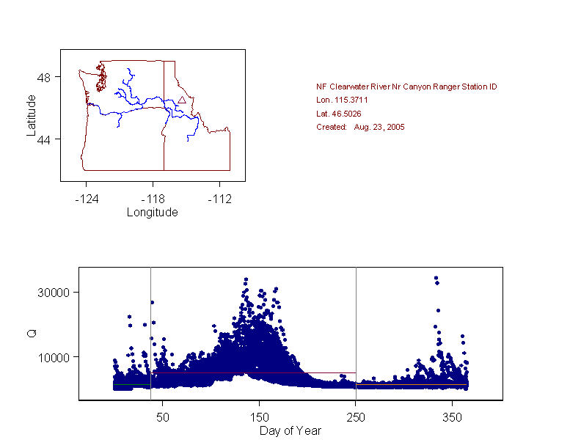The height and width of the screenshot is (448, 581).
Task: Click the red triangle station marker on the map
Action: [x=182, y=100]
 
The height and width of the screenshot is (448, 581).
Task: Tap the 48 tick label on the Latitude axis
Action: [x=44, y=77]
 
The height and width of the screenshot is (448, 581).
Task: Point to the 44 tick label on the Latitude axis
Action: [x=44, y=139]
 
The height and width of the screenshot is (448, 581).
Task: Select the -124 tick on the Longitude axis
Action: [x=86, y=199]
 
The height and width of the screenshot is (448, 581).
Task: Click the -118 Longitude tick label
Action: [x=153, y=199]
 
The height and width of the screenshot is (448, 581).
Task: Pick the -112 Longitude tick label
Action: [x=219, y=199]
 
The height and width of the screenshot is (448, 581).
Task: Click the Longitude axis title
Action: [x=153, y=213]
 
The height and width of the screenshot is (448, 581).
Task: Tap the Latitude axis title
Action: [x=31, y=114]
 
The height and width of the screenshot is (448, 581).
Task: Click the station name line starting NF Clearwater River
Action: [x=406, y=87]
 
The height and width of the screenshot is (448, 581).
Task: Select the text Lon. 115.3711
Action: [x=342, y=100]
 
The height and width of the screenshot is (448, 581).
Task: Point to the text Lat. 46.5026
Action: [x=338, y=114]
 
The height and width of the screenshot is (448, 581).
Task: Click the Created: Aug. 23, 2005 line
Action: [x=360, y=127]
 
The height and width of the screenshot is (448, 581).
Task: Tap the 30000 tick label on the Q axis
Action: [x=53, y=293]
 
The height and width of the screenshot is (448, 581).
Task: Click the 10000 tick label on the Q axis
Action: [x=53, y=357]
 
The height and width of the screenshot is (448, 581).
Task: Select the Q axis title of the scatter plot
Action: [x=31, y=334]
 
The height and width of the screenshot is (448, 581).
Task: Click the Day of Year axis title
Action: [x=290, y=431]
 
